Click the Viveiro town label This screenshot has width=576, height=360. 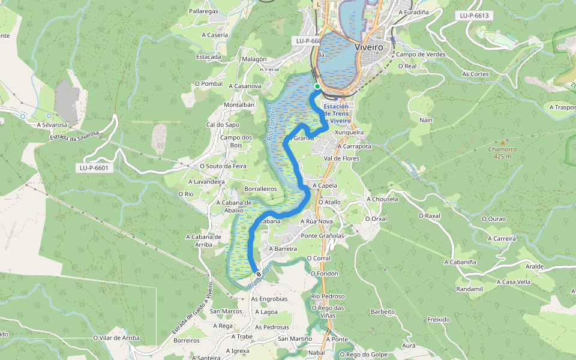[x=369, y=47]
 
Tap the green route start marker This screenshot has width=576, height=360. [x=317, y=86]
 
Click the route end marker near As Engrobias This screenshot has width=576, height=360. [x=259, y=275]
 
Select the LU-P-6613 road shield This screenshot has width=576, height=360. [x=473, y=16]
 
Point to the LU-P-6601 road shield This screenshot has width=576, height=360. [x=94, y=167]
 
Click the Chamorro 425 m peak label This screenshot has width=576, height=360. [x=499, y=153]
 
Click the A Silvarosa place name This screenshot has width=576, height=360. [x=52, y=125]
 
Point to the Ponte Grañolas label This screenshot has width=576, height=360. [x=322, y=236]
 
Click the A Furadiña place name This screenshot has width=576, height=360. [x=413, y=11]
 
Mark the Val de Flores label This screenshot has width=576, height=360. [x=341, y=158]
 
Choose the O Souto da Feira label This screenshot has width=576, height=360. [x=223, y=166]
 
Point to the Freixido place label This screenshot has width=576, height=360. [x=439, y=319]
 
